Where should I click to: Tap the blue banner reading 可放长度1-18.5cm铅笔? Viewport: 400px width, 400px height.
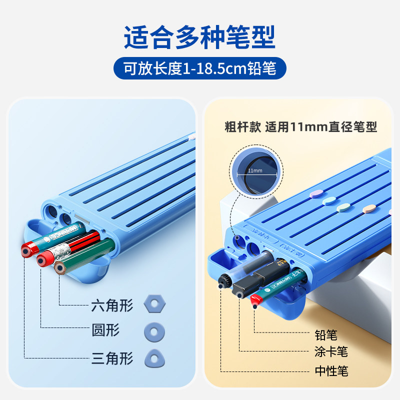pyautogui.click(x=200, y=68)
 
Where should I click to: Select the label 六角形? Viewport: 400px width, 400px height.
pyautogui.click(x=112, y=304)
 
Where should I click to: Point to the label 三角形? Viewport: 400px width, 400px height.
pyautogui.click(x=112, y=358)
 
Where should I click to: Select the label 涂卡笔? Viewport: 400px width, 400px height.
pyautogui.click(x=331, y=352)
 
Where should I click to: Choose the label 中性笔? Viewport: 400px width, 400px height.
pyautogui.click(x=331, y=370)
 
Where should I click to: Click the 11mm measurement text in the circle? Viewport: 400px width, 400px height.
pyautogui.click(x=254, y=171)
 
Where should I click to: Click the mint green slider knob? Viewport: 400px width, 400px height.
pyautogui.click(x=329, y=201)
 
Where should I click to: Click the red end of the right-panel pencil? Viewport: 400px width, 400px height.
pyautogui.click(x=255, y=301)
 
